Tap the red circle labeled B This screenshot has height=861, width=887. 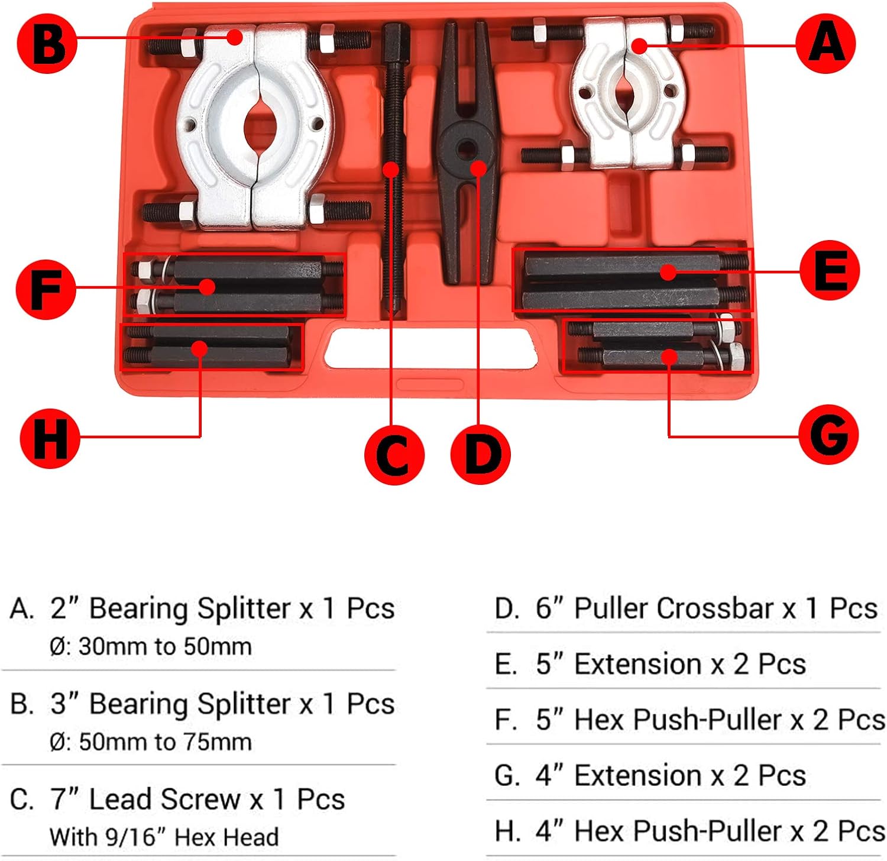pyautogui.click(x=47, y=44)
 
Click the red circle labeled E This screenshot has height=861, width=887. pyautogui.click(x=829, y=270)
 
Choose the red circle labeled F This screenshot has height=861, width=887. pyautogui.click(x=46, y=290)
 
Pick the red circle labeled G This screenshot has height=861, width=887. pyautogui.click(x=828, y=435)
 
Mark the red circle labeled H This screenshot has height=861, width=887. pyautogui.click(x=50, y=438)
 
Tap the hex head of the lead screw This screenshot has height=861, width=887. pyautogui.click(x=395, y=37)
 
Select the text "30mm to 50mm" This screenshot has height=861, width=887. pyautogui.click(x=165, y=646)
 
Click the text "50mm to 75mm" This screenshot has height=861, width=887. pyautogui.click(x=165, y=742)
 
